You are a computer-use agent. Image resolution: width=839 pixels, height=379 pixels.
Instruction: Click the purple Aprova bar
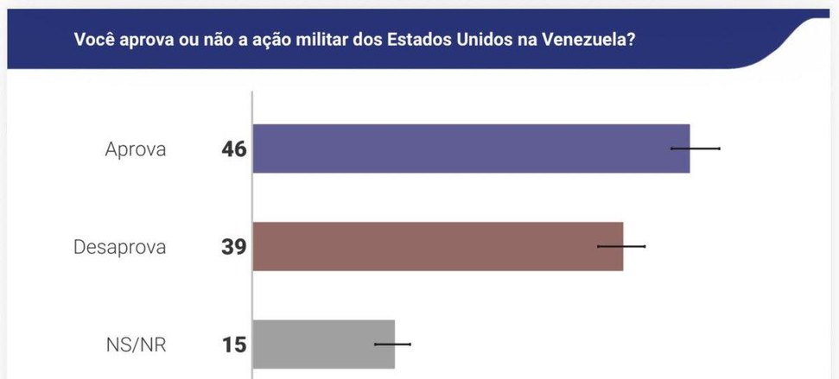[x=471, y=148]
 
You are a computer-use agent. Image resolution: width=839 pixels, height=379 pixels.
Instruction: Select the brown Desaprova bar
[x=437, y=246]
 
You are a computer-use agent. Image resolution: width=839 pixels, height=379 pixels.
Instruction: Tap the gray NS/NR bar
[x=323, y=344]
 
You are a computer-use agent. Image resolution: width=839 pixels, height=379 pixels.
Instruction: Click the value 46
[x=233, y=149]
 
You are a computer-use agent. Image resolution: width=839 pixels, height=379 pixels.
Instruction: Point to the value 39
[x=233, y=247]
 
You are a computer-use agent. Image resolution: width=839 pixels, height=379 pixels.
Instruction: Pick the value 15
[x=233, y=344]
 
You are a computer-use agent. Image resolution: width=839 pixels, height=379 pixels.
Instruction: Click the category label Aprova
[x=136, y=149]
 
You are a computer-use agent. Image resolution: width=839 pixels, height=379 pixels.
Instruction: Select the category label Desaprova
[x=120, y=247]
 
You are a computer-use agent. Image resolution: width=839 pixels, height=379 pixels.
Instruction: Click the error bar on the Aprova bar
[x=696, y=148]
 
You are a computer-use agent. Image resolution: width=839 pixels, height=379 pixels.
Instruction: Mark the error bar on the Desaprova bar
[x=621, y=246]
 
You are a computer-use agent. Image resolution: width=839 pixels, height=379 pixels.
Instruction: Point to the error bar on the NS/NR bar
[x=393, y=344]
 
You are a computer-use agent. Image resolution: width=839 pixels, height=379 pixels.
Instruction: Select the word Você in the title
[x=93, y=40]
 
